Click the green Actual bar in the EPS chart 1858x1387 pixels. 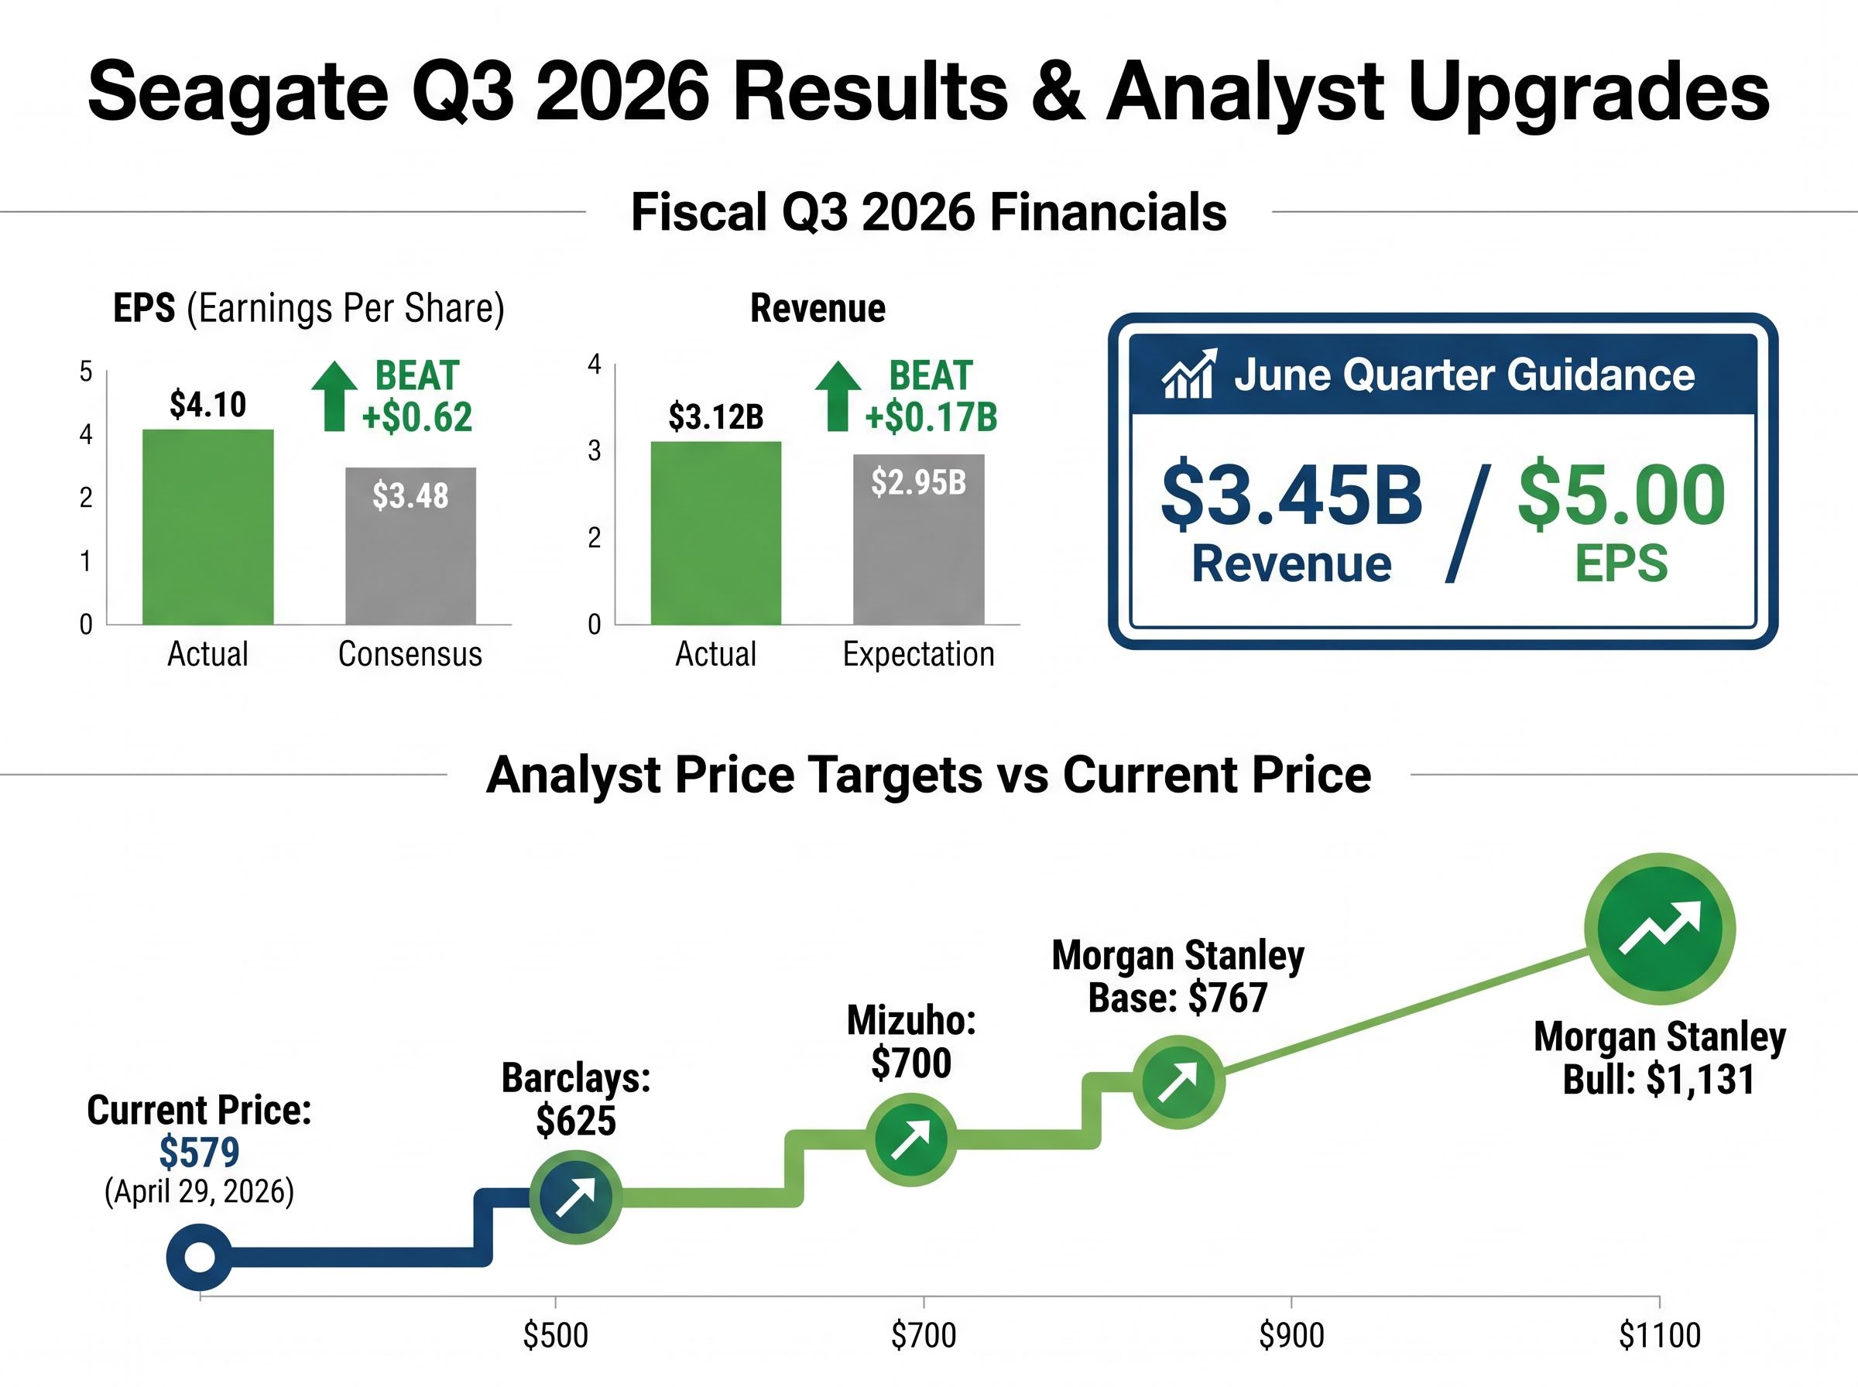pos(207,526)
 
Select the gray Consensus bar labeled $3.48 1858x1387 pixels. pos(410,546)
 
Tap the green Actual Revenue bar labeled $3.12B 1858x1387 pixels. pos(715,533)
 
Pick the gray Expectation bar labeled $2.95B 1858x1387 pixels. pos(918,539)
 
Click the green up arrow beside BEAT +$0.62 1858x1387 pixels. pos(334,396)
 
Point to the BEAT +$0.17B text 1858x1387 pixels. pos(931,396)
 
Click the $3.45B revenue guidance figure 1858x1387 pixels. pos(1291,495)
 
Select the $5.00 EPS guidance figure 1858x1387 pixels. pos(1621,495)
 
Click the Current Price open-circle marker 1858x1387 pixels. pos(199,1257)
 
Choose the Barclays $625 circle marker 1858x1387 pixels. pos(576,1197)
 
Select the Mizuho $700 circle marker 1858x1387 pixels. pos(911,1139)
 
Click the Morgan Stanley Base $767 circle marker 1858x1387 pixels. pos(1179,1082)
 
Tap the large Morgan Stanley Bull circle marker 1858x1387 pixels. pos(1659,929)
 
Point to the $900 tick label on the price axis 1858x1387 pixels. pos(1291,1335)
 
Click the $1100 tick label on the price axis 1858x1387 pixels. pos(1659,1335)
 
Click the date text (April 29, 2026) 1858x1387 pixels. pos(199,1191)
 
